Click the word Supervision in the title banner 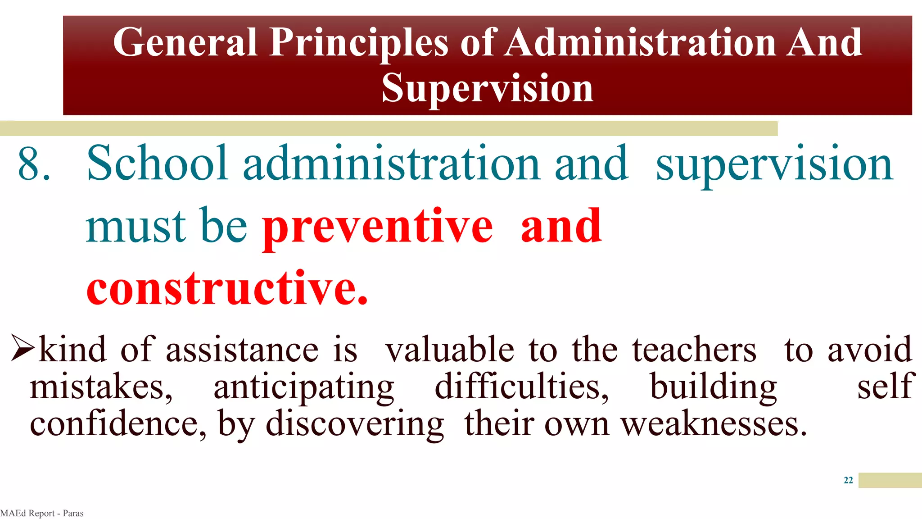[x=488, y=88]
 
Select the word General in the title [x=185, y=42]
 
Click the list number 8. [x=34, y=164]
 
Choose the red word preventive [x=378, y=227]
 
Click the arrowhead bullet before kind [x=23, y=348]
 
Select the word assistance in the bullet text [x=242, y=350]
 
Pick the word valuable [x=450, y=350]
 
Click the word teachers [x=694, y=350]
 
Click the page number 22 [x=848, y=480]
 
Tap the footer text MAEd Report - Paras [x=42, y=513]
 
